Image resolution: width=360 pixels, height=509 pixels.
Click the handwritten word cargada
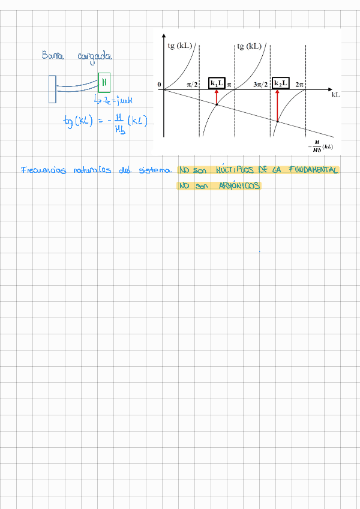(94, 56)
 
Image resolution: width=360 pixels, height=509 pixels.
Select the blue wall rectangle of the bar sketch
(53, 89)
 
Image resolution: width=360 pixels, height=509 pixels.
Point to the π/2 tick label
(192, 85)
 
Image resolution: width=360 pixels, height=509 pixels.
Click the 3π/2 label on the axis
(260, 85)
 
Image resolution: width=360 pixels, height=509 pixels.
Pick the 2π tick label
(301, 85)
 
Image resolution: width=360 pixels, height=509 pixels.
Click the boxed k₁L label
(217, 83)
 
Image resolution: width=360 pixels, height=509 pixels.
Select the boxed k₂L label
(280, 83)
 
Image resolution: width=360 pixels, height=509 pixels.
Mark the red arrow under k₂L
(278, 105)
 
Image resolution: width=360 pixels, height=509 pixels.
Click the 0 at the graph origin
(159, 85)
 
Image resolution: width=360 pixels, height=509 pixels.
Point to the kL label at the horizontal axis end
(335, 95)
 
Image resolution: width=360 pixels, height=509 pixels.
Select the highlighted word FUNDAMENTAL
(313, 170)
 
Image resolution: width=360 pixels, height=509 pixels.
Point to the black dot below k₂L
(278, 122)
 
